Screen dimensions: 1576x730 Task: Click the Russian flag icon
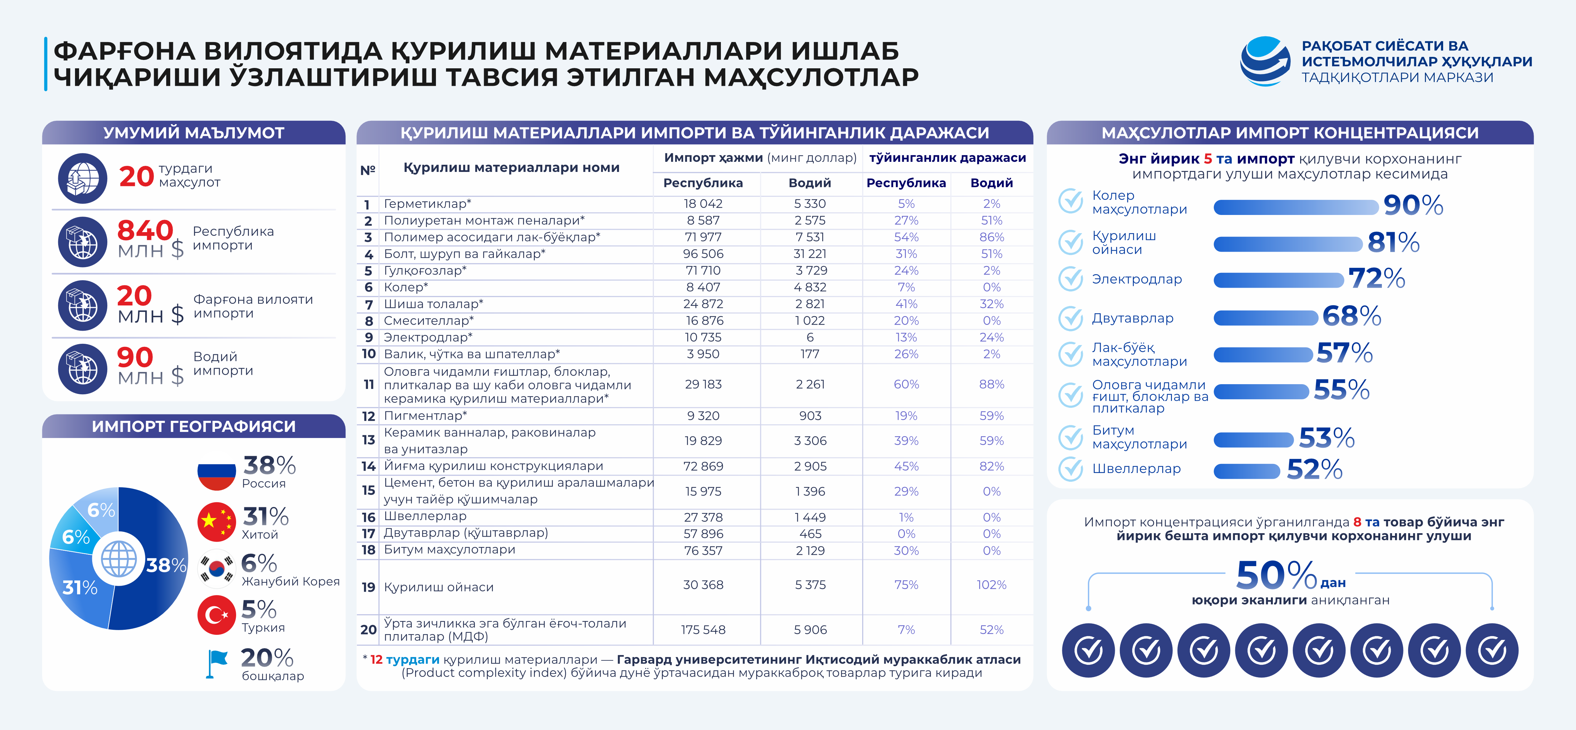click(x=217, y=472)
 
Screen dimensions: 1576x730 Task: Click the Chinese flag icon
click(x=217, y=522)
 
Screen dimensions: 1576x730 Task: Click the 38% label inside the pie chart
click(x=166, y=565)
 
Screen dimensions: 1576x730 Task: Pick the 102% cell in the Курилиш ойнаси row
click(x=991, y=585)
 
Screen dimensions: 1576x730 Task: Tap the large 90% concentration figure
click(x=1413, y=205)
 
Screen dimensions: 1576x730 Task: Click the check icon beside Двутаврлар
click(x=1071, y=318)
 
